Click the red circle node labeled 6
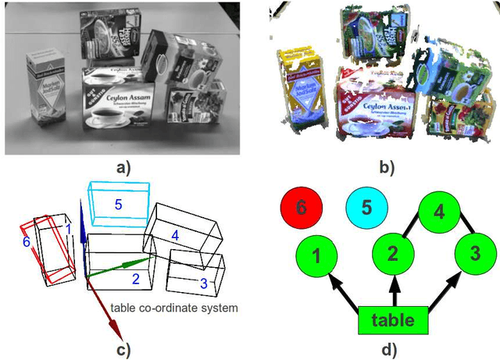click(301, 208)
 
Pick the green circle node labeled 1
click(316, 256)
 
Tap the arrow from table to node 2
click(394, 293)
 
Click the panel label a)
click(125, 166)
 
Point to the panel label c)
click(123, 349)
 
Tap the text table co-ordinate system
click(173, 308)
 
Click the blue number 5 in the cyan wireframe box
click(118, 205)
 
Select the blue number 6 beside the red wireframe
click(27, 243)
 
